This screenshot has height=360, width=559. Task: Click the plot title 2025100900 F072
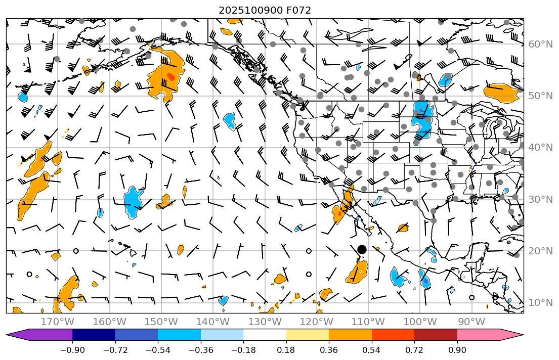(x=265, y=10)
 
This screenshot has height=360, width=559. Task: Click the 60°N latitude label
(x=540, y=44)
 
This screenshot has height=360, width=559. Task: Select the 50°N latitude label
(x=540, y=96)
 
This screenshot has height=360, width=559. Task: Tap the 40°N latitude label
(x=540, y=148)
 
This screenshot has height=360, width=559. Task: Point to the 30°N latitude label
(x=540, y=199)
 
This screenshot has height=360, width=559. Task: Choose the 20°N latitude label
(x=540, y=251)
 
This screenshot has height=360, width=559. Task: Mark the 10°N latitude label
(x=540, y=303)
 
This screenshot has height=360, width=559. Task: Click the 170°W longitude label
(x=57, y=322)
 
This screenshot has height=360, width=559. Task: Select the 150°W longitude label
(x=161, y=322)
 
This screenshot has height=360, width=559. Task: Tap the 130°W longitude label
(x=265, y=322)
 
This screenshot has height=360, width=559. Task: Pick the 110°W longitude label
(x=368, y=322)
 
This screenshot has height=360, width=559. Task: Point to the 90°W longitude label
(x=471, y=322)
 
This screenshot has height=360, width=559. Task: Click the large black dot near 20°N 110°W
(x=362, y=249)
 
